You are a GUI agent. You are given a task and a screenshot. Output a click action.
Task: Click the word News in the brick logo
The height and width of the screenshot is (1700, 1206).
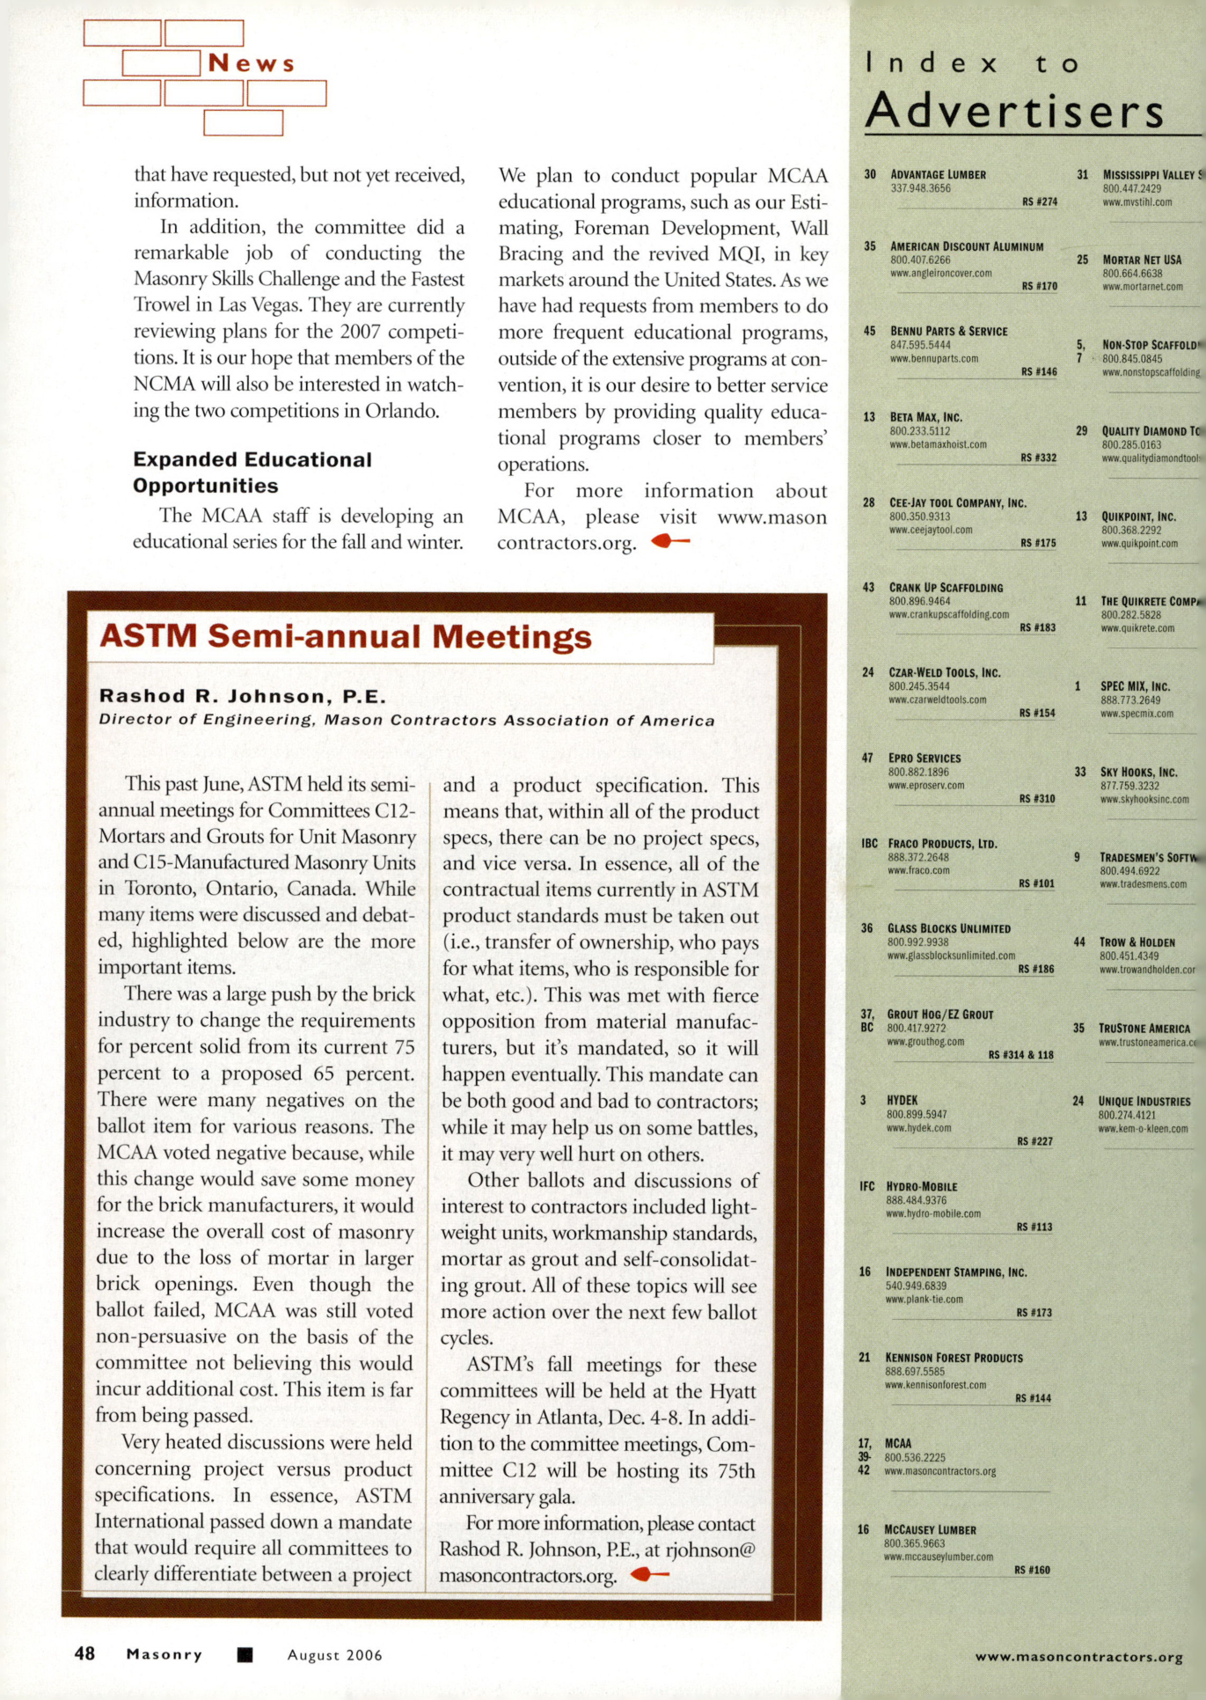[251, 63]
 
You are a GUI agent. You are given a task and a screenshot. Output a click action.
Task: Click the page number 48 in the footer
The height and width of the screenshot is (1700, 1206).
[84, 1653]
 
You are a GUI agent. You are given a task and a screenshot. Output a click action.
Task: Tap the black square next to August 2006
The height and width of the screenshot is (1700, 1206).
[245, 1654]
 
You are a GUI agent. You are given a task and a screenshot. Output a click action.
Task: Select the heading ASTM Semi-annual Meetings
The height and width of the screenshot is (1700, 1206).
[346, 636]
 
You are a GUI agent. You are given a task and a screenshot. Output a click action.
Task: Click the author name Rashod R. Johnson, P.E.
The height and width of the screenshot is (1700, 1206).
[242, 696]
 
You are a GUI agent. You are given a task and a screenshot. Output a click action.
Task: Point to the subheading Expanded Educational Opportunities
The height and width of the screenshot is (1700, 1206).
[252, 473]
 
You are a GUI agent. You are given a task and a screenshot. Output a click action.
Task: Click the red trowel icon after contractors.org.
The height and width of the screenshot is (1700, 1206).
[670, 541]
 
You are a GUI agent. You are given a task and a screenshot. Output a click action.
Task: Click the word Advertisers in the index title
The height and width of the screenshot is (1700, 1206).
[1014, 111]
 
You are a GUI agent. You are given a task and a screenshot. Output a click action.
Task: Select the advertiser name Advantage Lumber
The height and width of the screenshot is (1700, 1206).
[938, 174]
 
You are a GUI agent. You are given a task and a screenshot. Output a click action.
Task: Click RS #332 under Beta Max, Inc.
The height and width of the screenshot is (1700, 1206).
[1038, 458]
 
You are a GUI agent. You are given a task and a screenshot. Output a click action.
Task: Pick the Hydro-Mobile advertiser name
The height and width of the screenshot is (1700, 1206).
[921, 1186]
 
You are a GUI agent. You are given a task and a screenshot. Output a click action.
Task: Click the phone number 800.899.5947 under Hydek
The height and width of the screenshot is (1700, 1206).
[917, 1114]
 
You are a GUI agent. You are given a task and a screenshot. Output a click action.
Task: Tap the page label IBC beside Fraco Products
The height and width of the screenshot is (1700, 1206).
[869, 843]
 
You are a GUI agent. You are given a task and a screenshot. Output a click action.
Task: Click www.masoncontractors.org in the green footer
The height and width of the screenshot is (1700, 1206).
[1078, 1657]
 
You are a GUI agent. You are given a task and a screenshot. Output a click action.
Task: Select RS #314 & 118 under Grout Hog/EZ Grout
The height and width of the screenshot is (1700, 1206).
[1020, 1054]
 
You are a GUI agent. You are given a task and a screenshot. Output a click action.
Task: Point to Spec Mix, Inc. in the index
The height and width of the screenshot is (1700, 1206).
[1135, 686]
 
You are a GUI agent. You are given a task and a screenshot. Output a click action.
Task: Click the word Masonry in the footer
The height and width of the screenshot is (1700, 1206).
[164, 1654]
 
